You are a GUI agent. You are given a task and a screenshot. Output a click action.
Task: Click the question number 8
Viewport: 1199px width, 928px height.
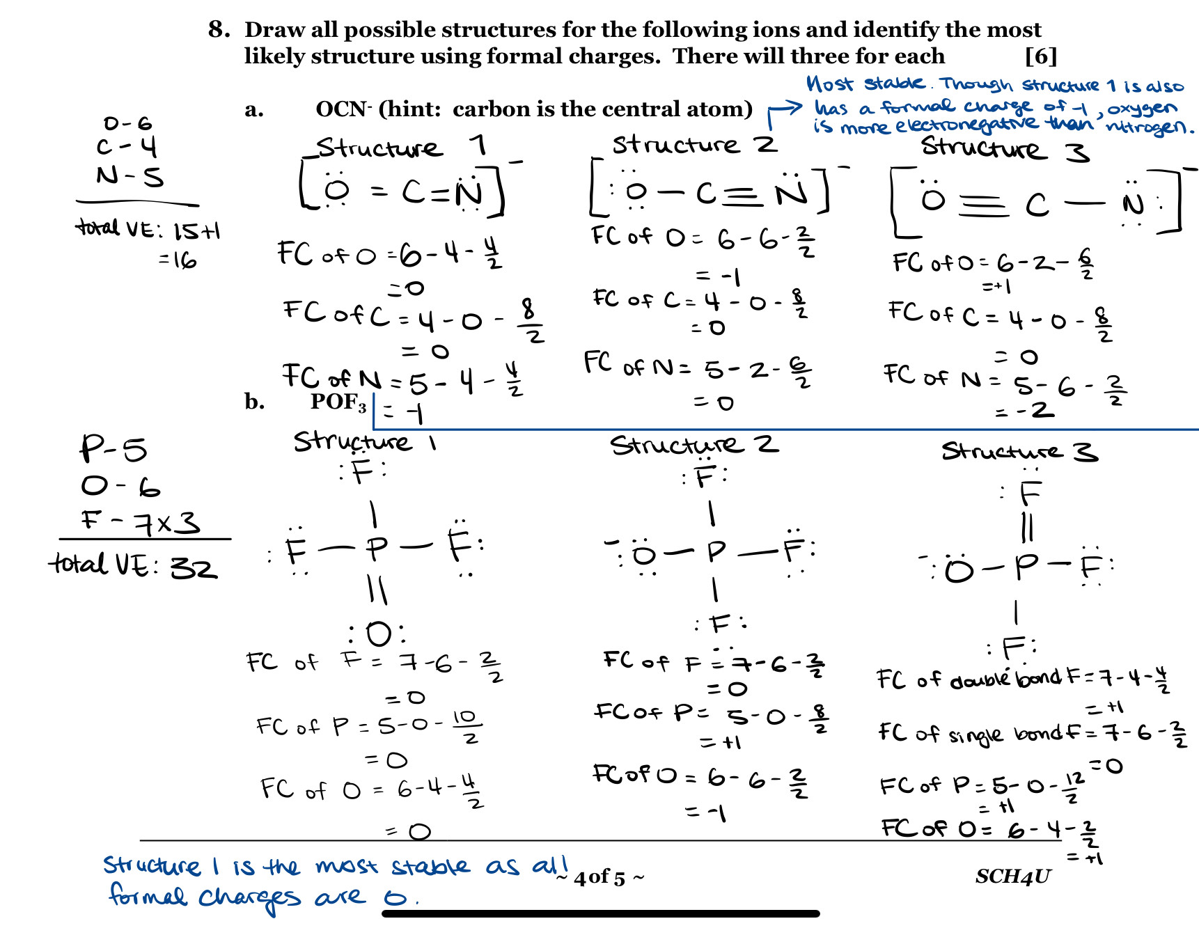(219, 29)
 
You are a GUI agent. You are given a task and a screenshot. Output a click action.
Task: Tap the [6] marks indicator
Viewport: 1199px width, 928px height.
(1040, 56)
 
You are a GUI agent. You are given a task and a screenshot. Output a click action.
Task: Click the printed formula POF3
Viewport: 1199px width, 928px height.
(338, 402)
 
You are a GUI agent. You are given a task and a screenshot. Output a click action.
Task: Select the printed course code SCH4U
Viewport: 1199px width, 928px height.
(1013, 876)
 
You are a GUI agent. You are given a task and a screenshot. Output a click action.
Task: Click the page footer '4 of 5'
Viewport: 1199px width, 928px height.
(600, 877)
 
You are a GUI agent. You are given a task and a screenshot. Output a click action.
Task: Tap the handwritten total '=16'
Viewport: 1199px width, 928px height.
(178, 260)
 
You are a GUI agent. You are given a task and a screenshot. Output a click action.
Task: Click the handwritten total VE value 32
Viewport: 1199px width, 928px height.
(194, 568)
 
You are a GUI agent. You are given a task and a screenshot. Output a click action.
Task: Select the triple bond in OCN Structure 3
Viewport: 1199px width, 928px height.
(984, 205)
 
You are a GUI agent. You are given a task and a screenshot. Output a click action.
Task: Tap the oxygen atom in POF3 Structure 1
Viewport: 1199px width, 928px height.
(378, 634)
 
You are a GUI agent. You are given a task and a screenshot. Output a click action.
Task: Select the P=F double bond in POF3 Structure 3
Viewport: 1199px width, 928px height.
(1027, 527)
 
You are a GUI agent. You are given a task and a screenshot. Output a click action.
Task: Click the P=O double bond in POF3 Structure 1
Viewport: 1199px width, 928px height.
(377, 590)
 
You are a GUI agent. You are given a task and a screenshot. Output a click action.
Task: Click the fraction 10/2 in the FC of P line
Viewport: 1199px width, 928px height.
(466, 725)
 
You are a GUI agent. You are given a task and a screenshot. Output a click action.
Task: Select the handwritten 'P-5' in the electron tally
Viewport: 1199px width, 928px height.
(113, 449)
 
